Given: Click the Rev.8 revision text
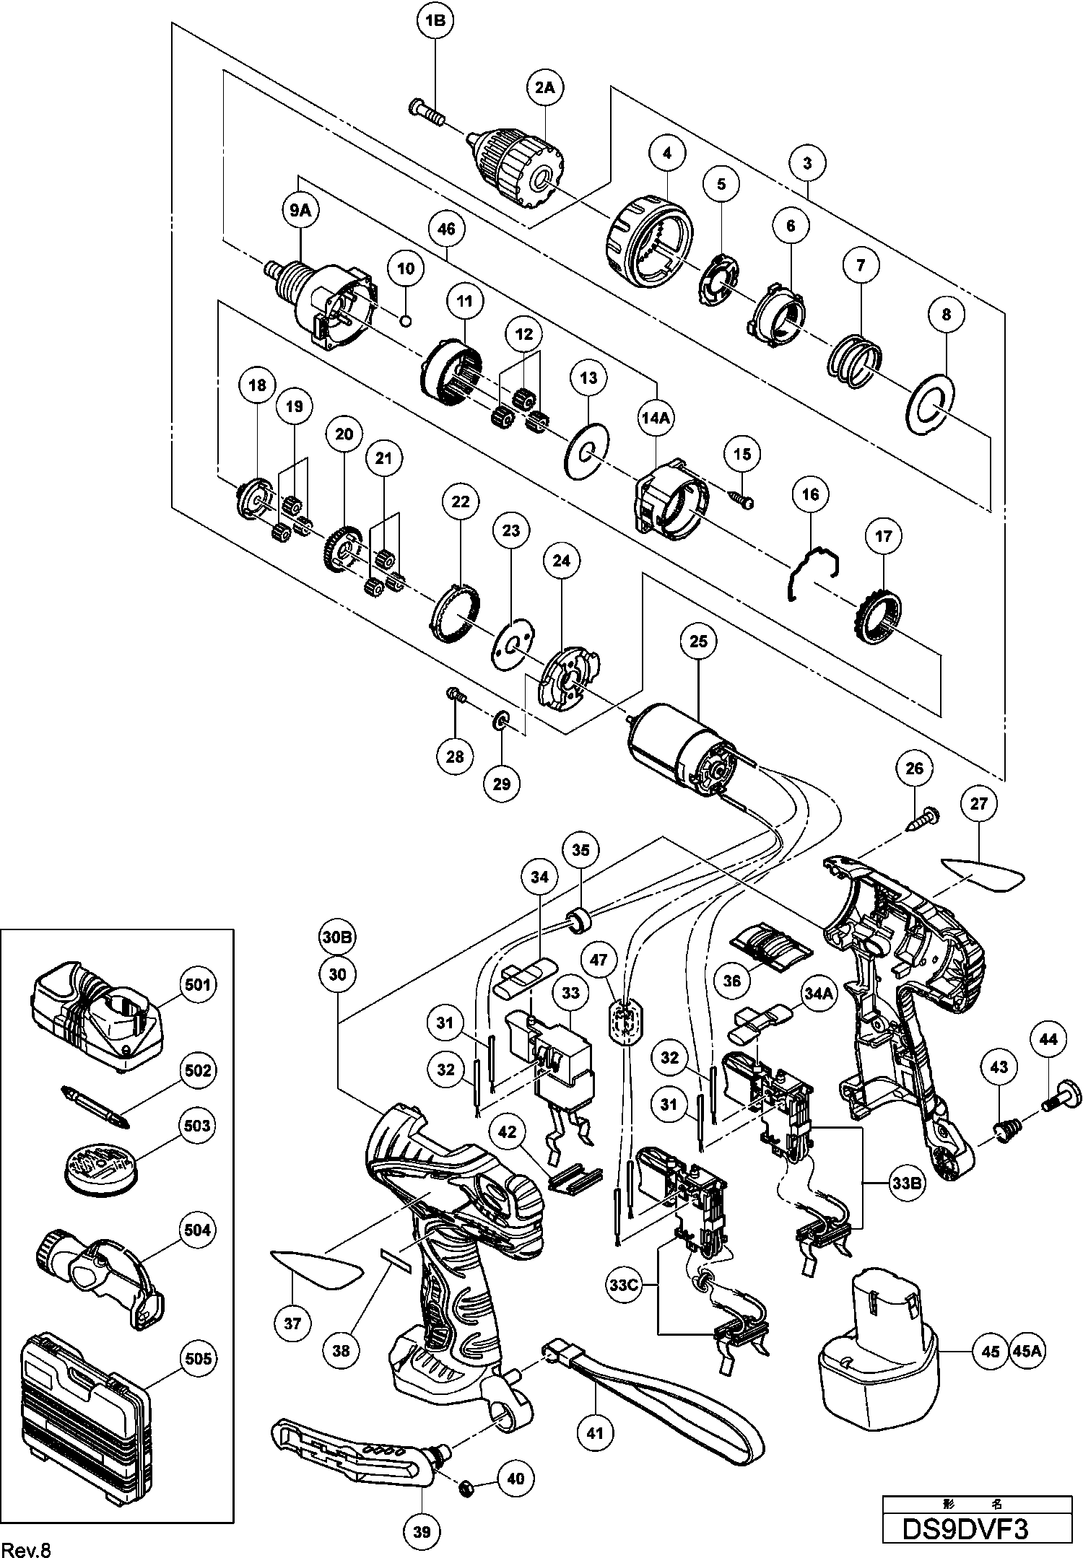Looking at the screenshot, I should click(27, 1547).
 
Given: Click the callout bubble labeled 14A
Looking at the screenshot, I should click(656, 417).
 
